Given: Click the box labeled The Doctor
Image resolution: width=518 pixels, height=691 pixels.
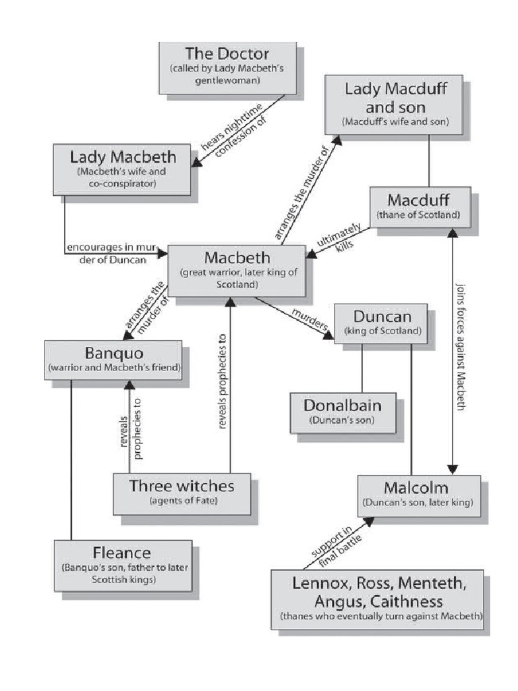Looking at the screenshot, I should point(227,67).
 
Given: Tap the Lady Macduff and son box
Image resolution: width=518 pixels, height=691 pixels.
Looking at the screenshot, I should point(395,105).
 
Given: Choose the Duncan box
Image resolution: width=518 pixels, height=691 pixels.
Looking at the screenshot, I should point(381,323).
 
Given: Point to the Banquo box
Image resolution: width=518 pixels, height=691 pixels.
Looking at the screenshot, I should point(113,360).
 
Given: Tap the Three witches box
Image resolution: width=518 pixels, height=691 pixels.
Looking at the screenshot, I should point(182,493).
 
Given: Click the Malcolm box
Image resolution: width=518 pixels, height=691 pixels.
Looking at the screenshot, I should point(418,495).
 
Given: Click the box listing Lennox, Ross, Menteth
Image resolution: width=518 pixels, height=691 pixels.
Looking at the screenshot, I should point(378,599).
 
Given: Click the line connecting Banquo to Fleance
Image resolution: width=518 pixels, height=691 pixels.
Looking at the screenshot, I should point(71,459).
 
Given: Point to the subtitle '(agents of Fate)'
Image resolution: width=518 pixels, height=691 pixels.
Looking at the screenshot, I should point(183,501).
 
